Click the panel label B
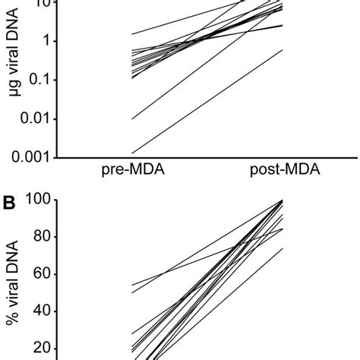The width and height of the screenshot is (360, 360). coord(11,204)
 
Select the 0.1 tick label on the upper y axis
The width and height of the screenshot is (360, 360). coord(45,80)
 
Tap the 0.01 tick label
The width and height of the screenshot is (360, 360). coord(40,118)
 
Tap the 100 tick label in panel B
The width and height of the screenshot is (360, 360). coord(42,200)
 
